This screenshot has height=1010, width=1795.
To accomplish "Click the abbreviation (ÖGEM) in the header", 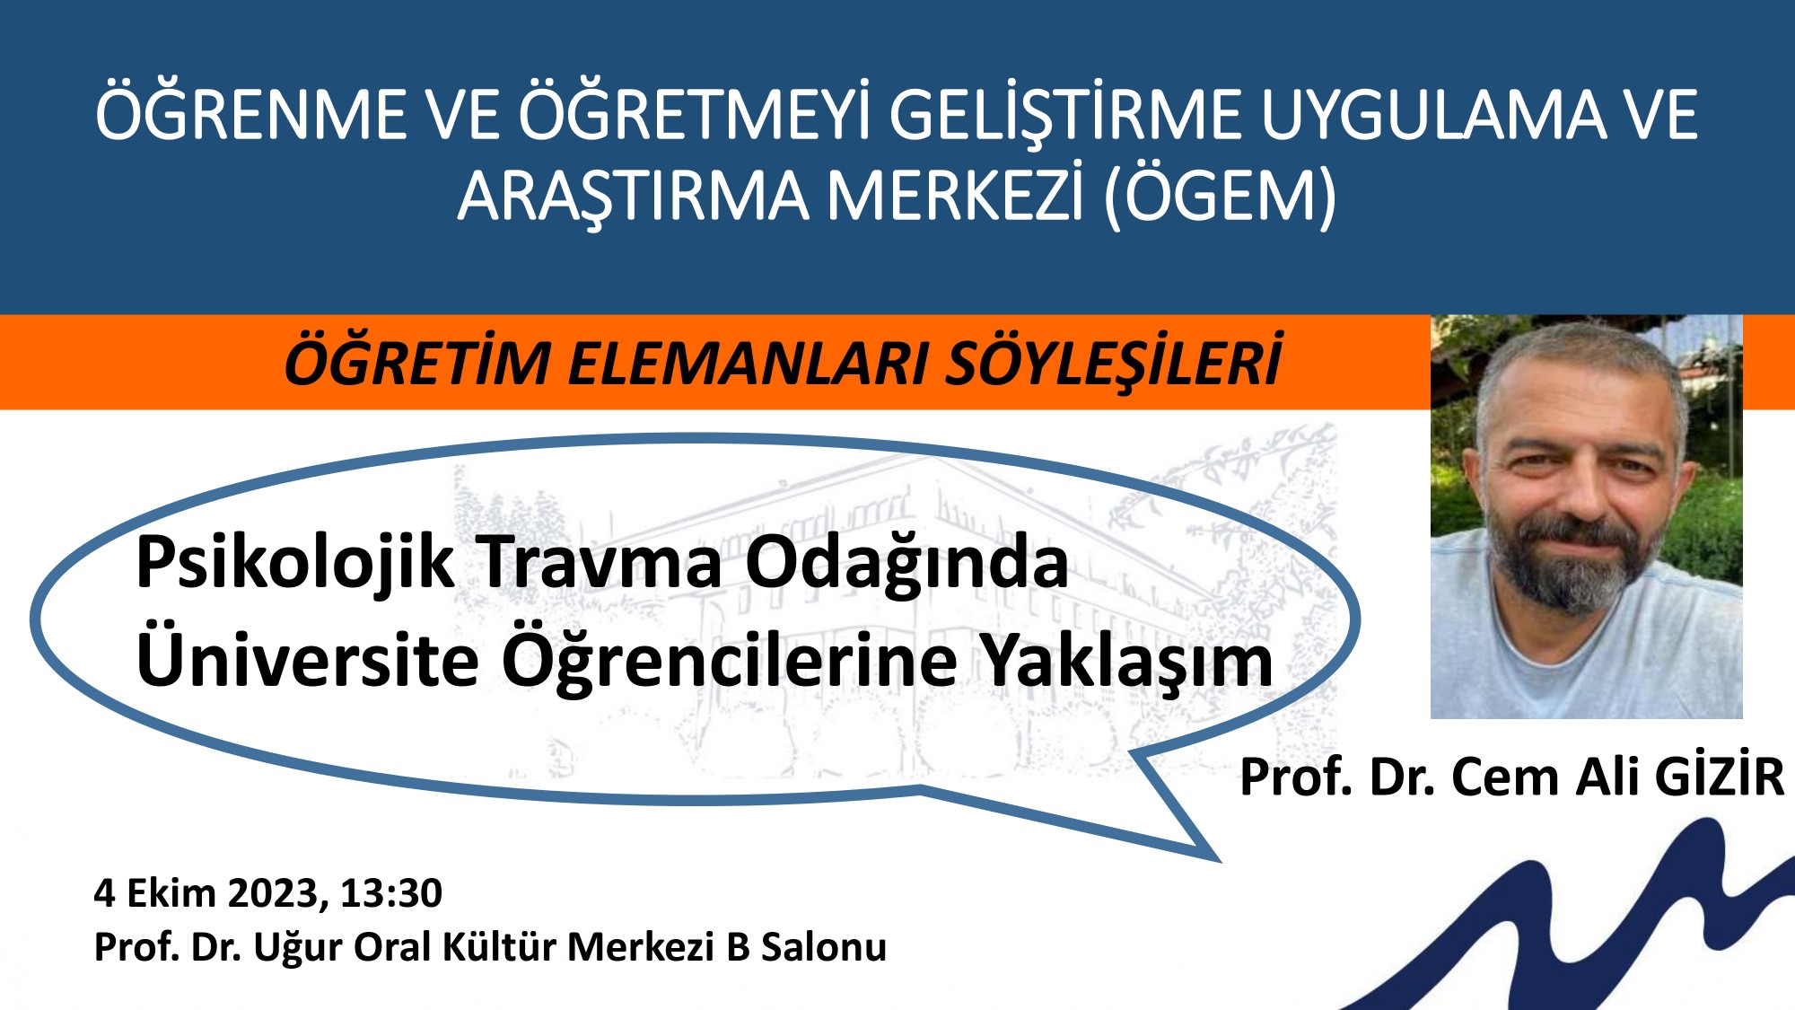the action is pyautogui.click(x=1220, y=197).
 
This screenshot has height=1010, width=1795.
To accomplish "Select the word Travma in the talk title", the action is pyautogui.click(x=600, y=564).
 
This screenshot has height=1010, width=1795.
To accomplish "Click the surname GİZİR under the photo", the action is pyautogui.click(x=1719, y=777).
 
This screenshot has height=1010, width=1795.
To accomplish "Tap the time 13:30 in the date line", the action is pyautogui.click(x=391, y=893).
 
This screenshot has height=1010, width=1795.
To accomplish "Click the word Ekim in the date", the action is pyautogui.click(x=171, y=893).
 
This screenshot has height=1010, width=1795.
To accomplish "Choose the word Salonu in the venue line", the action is pyautogui.click(x=823, y=947).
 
